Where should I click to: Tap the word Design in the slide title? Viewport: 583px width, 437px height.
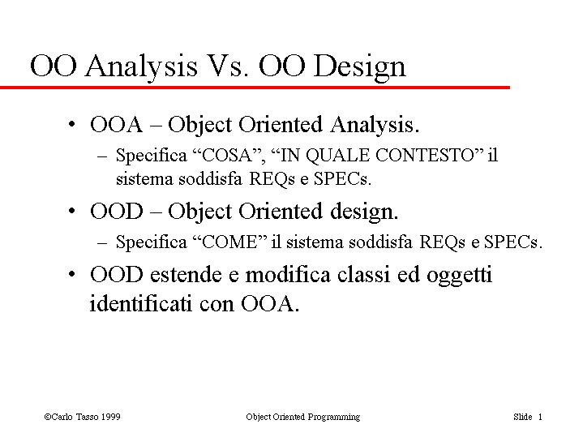[359, 68]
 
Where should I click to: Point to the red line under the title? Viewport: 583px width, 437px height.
[255, 88]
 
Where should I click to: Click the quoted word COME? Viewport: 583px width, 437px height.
[229, 242]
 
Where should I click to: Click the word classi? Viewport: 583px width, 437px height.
[364, 275]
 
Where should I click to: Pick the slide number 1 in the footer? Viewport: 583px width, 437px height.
[540, 417]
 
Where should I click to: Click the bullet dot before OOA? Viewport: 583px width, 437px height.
[71, 124]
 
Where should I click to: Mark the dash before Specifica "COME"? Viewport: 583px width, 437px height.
[102, 243]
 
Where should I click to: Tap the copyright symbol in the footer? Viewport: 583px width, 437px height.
[48, 417]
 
